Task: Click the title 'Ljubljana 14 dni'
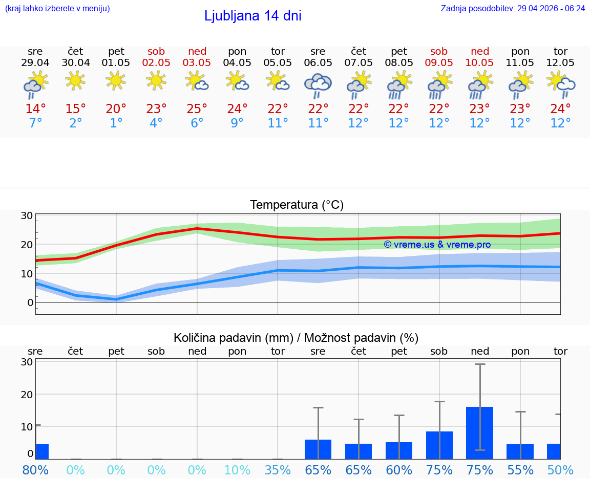tap(252, 16)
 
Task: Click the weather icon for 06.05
tap(318, 85)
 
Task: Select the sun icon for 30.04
tap(76, 80)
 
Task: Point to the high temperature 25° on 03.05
tap(197, 109)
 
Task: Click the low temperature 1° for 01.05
tap(116, 123)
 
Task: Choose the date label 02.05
tap(156, 62)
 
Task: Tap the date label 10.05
tap(479, 62)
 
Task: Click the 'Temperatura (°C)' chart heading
tap(297, 205)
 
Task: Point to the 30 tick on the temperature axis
tap(27, 215)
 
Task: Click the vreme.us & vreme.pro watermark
tap(437, 245)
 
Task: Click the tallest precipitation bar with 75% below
tap(479, 432)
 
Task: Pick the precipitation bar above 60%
tap(399, 450)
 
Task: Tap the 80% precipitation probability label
tap(35, 470)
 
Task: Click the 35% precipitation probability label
tap(278, 470)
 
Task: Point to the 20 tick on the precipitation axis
tap(27, 394)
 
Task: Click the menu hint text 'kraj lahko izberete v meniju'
tap(57, 9)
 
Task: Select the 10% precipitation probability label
tap(237, 470)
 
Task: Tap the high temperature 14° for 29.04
tap(35, 109)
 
